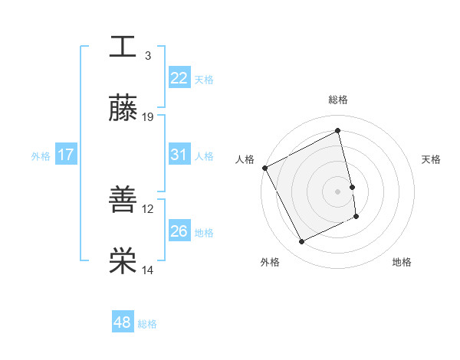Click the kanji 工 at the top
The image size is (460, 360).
pyautogui.click(x=123, y=46)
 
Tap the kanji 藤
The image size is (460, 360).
pyautogui.click(x=123, y=108)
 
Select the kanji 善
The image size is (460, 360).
pyautogui.click(x=123, y=199)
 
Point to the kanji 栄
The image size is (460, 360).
pyautogui.click(x=123, y=261)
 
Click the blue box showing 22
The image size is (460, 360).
pyautogui.click(x=179, y=78)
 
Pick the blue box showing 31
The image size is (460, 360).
pyautogui.click(x=179, y=155)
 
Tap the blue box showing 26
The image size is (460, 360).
pyautogui.click(x=179, y=231)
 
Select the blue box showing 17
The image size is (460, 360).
pyautogui.click(x=65, y=155)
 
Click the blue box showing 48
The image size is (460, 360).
pyautogui.click(x=122, y=322)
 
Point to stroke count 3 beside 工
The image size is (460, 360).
pyautogui.click(x=148, y=56)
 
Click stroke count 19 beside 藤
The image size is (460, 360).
pyautogui.click(x=148, y=117)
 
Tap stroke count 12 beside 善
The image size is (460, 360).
pyautogui.click(x=148, y=208)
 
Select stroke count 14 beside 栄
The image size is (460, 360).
pyautogui.click(x=148, y=270)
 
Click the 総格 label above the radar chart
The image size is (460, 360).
pyautogui.click(x=337, y=100)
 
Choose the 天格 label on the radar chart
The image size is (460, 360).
pyautogui.click(x=431, y=159)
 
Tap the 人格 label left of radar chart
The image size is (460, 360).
pyautogui.click(x=245, y=159)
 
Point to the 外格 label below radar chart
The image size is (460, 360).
pyautogui.click(x=270, y=262)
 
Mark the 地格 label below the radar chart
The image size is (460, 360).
pyautogui.click(x=402, y=262)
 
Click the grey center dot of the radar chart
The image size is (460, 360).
pyautogui.click(x=337, y=191)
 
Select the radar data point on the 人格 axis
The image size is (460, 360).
pyautogui.click(x=264, y=168)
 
